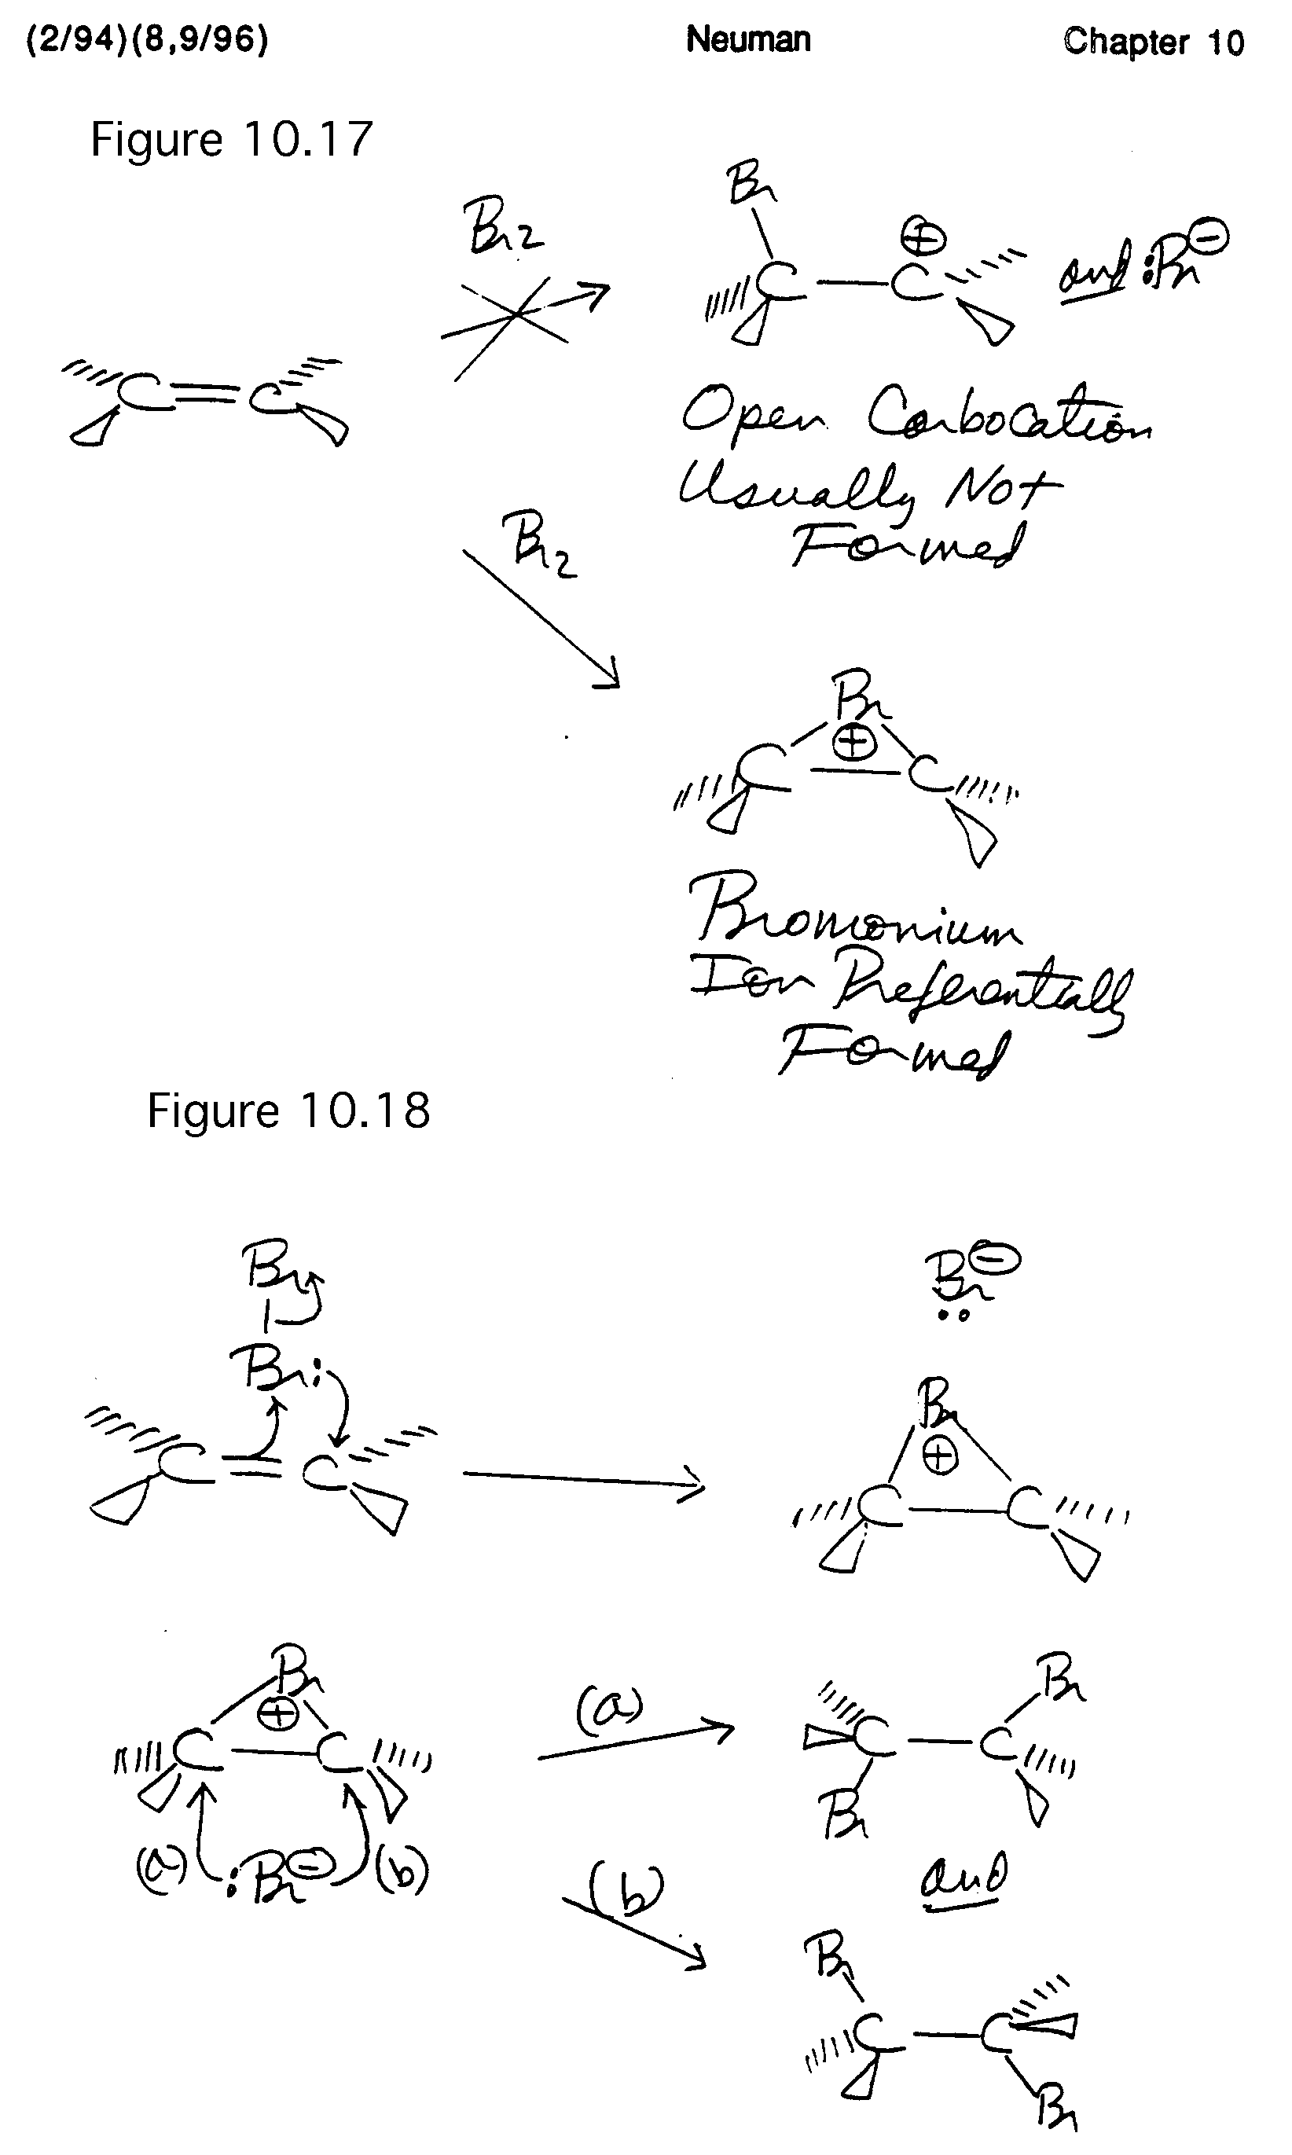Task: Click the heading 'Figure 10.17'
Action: coord(232,139)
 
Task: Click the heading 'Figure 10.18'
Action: coord(288,1111)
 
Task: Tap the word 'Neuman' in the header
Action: coord(748,39)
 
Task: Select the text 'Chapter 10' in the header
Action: coord(1153,42)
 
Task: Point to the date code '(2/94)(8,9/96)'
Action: coord(147,39)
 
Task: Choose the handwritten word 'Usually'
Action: coord(797,490)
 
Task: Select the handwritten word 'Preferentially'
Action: coord(984,993)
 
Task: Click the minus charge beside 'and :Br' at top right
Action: coord(1212,235)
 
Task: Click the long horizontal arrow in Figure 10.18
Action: coord(583,1478)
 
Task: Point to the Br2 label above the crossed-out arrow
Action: coord(503,228)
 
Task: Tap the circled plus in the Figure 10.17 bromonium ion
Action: coord(854,743)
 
